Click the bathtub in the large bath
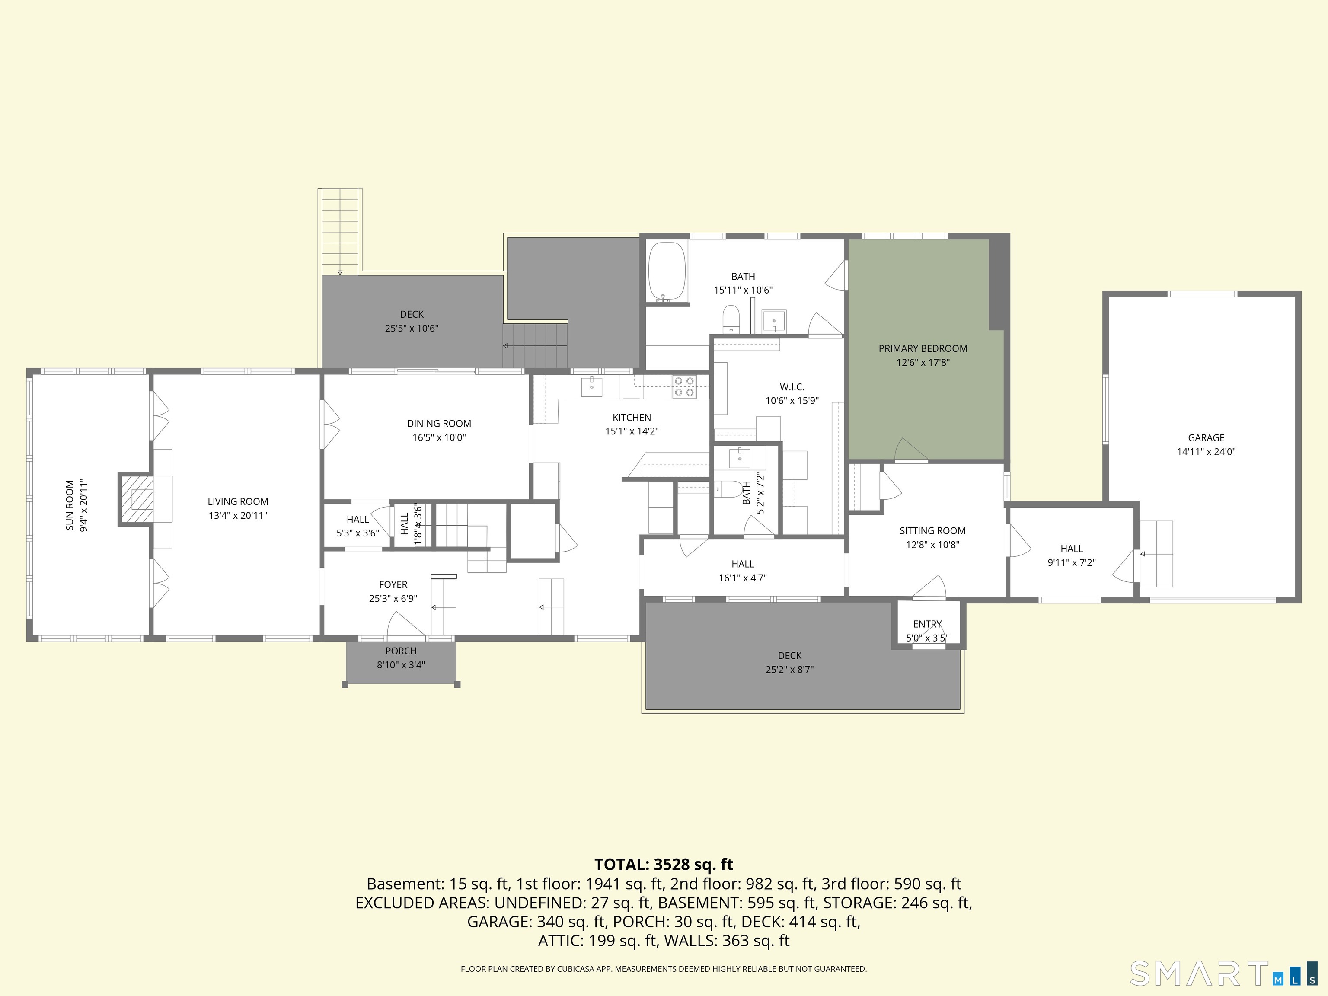click(x=667, y=271)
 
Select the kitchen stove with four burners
click(x=684, y=386)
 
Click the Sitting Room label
click(x=932, y=531)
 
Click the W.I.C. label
click(x=792, y=387)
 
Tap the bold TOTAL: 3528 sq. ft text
click(x=664, y=865)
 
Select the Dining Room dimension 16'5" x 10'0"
click(x=439, y=437)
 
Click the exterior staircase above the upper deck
click(x=340, y=231)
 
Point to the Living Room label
click(x=238, y=501)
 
